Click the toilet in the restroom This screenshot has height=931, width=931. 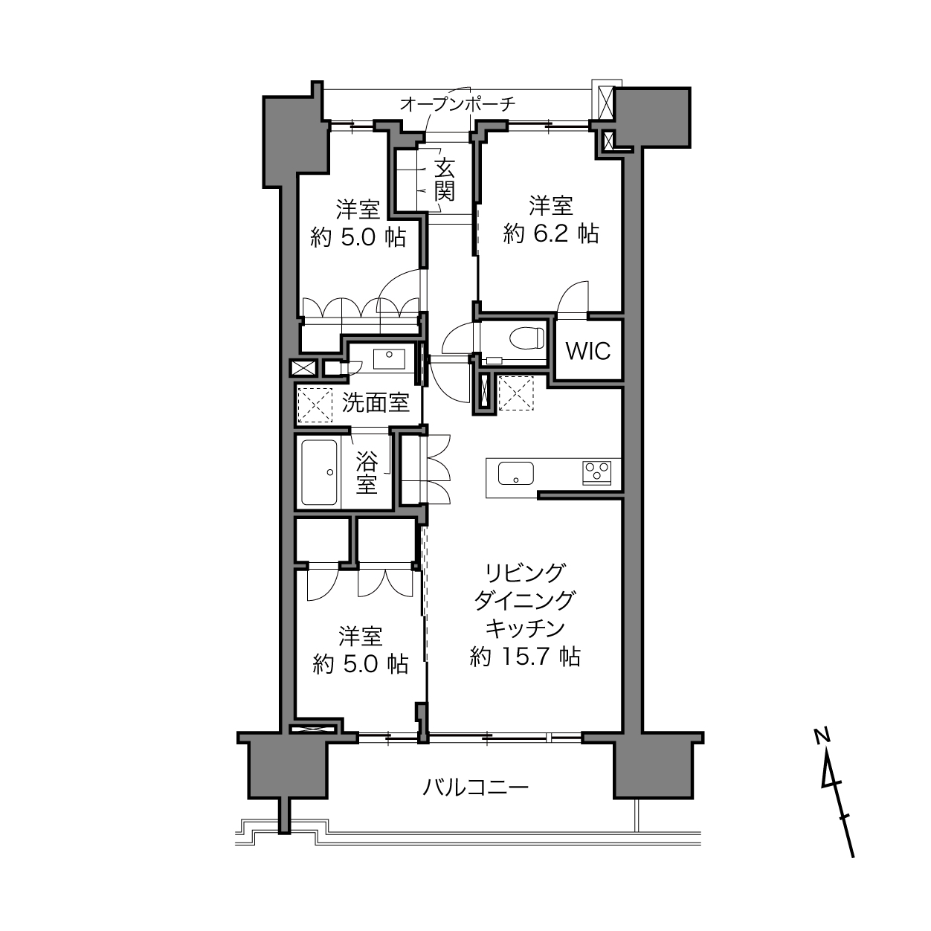coord(527,338)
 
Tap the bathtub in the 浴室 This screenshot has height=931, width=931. coord(319,472)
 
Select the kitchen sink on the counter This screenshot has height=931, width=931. coord(516,473)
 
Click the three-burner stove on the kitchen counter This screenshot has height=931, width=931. coord(597,473)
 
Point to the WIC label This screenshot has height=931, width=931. coord(588,351)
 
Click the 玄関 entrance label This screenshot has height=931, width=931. coord(444,179)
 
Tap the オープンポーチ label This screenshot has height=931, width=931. coord(458,104)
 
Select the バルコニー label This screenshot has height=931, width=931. coord(476,788)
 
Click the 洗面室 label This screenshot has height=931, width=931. coord(376,402)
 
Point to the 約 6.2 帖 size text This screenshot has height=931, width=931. coord(551,234)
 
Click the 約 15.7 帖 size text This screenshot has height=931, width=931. coord(525,657)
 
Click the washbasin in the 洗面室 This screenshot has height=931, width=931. coord(389,359)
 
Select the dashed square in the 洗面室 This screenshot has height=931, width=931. coord(315,405)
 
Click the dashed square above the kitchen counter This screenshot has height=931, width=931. coord(516,393)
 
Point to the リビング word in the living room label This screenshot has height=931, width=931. coord(525,573)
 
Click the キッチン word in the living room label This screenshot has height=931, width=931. coord(525,628)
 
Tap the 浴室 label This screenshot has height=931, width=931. coord(367,472)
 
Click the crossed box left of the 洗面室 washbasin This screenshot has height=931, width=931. coord(303,369)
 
